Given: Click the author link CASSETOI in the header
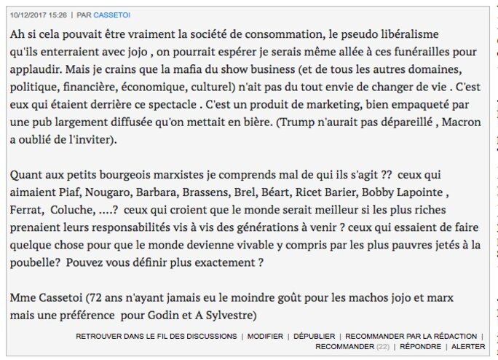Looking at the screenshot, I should (x=112, y=15).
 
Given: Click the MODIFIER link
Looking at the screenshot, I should (x=265, y=337).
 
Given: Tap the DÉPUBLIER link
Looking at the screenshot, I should (x=314, y=337).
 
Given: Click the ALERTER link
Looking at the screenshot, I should (x=468, y=347).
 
